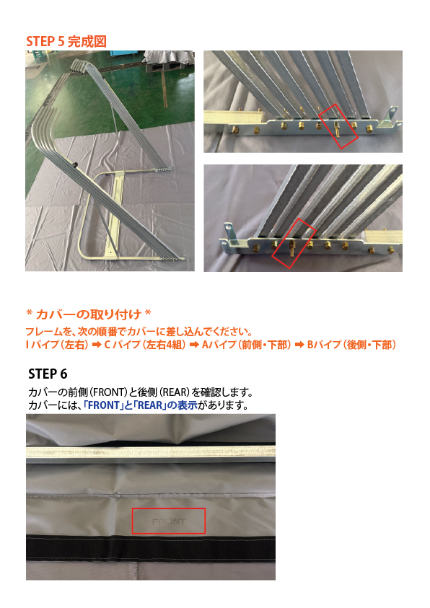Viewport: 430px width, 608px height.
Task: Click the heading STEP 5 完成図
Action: [66, 41]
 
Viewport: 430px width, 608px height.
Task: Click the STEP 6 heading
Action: [48, 374]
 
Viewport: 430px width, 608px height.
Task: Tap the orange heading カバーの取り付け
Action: [89, 314]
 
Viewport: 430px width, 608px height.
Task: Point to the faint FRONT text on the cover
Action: [168, 521]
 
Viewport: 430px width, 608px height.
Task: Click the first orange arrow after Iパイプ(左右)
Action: [97, 345]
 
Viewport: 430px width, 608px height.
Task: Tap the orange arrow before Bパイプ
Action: [299, 345]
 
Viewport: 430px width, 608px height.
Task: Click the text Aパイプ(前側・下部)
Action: [246, 345]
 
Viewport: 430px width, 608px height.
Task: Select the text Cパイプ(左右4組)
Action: [144, 345]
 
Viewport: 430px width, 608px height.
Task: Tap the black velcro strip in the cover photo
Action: [151, 549]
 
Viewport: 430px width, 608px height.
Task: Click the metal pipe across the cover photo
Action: [151, 452]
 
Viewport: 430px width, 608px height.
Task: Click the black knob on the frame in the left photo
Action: [75, 166]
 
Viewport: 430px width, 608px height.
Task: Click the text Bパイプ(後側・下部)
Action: [351, 345]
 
